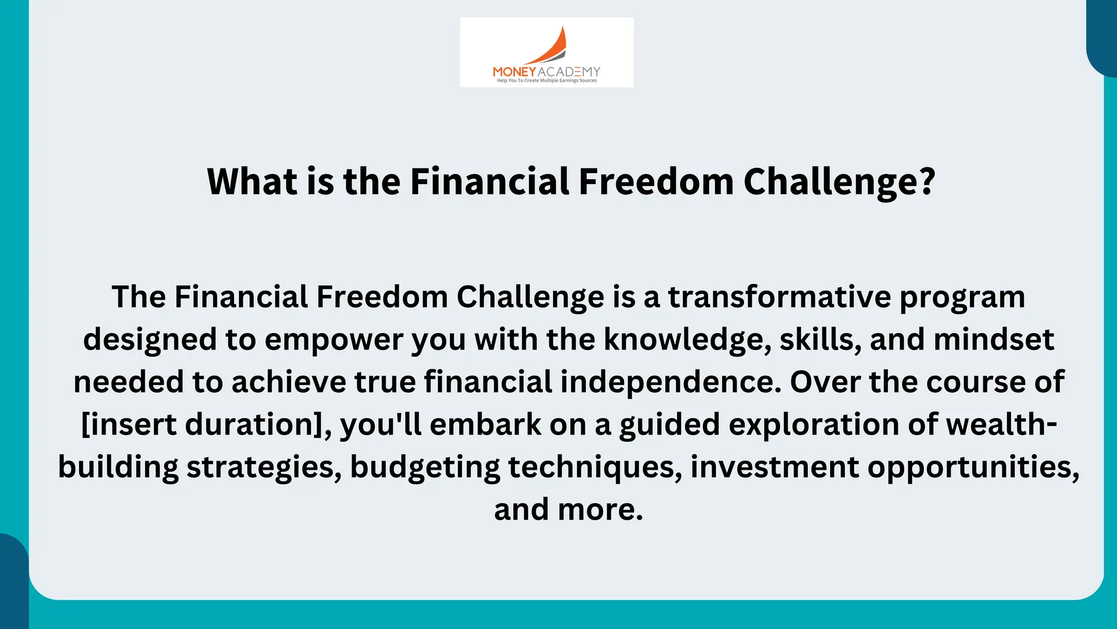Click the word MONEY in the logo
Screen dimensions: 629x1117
[x=514, y=72]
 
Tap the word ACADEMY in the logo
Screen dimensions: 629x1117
[x=569, y=72]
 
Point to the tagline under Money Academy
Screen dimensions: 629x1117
[x=547, y=81]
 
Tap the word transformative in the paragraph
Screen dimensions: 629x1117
[x=779, y=297]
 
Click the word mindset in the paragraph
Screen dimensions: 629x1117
[x=994, y=340]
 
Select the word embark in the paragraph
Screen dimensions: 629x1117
[x=485, y=425]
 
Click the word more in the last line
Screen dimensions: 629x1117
[x=599, y=510]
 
